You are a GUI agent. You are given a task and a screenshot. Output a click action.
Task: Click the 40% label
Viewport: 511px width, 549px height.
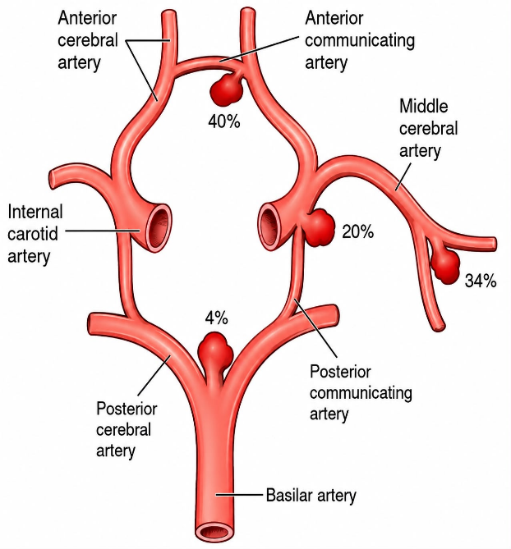[224, 121]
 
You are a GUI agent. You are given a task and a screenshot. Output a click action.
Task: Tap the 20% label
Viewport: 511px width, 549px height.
[357, 231]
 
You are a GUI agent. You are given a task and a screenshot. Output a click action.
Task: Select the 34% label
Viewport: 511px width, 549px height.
[481, 281]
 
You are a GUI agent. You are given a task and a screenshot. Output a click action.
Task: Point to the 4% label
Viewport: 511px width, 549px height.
[216, 318]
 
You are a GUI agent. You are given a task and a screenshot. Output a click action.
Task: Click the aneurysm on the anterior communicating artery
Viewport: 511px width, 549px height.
[227, 89]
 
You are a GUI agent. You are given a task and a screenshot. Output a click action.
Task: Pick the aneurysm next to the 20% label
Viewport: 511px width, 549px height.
[318, 227]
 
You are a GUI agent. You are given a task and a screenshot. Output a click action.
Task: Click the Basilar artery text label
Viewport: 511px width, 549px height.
[311, 496]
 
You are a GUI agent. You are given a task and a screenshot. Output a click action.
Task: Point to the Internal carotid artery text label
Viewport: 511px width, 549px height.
[35, 234]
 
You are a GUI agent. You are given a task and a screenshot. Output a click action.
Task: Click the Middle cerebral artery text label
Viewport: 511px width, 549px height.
[428, 129]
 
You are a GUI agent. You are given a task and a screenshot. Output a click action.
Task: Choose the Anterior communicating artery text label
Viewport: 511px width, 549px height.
[360, 40]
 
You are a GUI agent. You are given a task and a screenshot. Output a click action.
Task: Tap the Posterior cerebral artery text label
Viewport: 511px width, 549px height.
[127, 429]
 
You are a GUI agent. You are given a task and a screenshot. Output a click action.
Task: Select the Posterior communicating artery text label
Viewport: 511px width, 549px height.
[361, 392]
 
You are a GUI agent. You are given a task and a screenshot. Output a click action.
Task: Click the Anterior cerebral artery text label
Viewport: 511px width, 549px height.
[88, 40]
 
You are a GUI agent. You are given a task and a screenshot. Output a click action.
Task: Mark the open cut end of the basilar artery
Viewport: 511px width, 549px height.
[215, 532]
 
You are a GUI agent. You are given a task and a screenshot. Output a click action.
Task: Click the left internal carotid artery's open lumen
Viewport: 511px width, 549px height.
[159, 227]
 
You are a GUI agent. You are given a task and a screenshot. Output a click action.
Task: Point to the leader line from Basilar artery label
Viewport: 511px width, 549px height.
[239, 495]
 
